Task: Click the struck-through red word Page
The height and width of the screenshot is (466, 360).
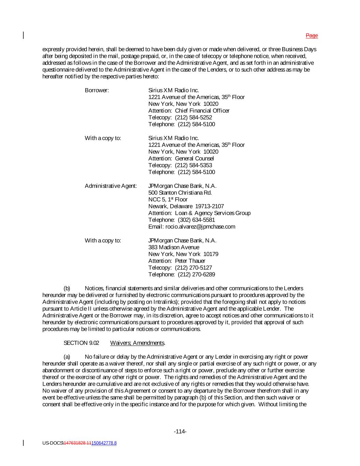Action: (312, 36)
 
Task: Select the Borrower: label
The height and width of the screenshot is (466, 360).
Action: (97, 90)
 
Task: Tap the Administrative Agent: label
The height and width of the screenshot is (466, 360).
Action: (111, 186)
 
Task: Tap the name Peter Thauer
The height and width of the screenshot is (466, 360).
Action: (192, 261)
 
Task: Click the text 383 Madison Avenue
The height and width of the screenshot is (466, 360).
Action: (174, 248)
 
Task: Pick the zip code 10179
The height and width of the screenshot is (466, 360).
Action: (211, 254)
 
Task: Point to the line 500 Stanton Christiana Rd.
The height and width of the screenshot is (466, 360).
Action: (180, 193)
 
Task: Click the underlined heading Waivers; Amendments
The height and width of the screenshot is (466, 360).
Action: (138, 343)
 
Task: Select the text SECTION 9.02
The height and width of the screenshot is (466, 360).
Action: (82, 343)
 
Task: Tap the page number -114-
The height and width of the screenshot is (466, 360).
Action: (180, 432)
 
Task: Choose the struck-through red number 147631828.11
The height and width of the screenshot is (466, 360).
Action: (78, 443)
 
